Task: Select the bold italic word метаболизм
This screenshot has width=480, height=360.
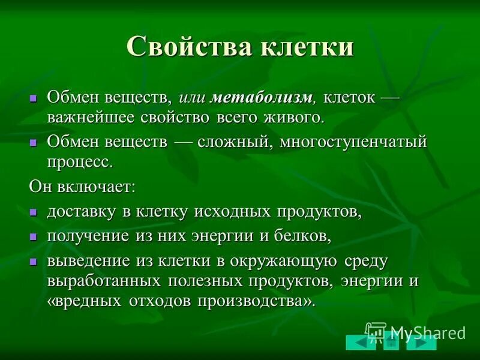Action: pyautogui.click(x=263, y=97)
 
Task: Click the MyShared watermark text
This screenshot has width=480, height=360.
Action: pyautogui.click(x=427, y=332)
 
